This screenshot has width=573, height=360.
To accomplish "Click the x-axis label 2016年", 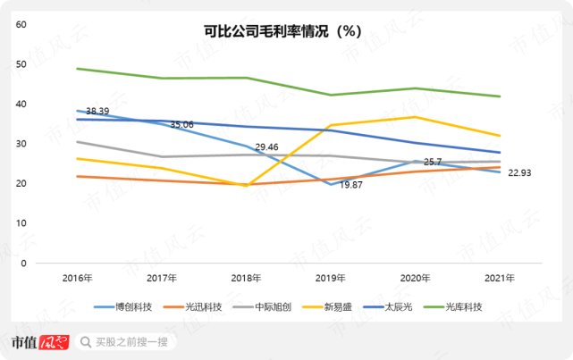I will pyautogui.click(x=78, y=279).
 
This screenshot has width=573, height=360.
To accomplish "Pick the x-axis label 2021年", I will pyautogui.click(x=497, y=279).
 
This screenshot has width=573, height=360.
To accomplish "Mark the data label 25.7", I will pyautogui.click(x=433, y=162).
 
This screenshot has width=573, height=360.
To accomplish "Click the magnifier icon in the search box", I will pyautogui.click(x=85, y=341).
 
